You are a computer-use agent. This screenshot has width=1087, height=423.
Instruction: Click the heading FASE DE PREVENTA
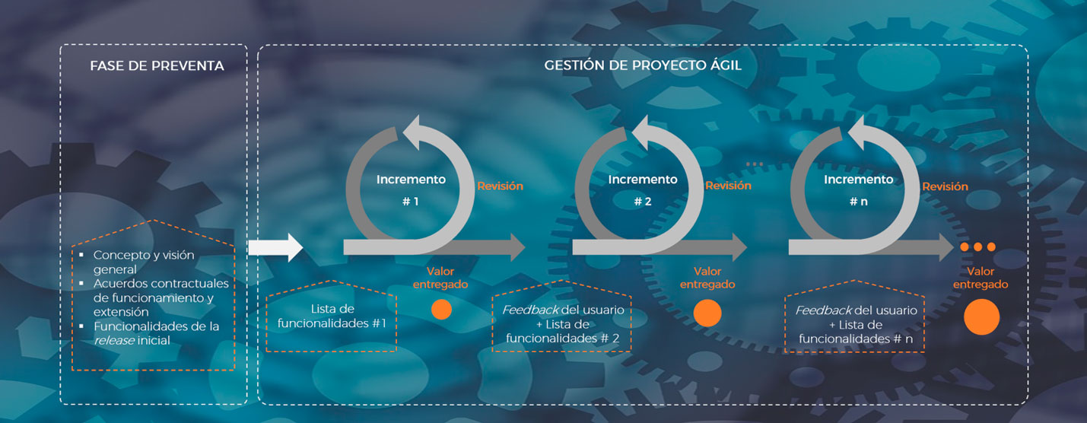pos(157,65)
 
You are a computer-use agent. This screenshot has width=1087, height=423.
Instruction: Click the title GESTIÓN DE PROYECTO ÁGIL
pos(643,65)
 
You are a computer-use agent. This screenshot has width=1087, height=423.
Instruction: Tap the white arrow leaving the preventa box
pos(275,247)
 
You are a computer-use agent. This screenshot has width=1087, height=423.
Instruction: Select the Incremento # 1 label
pos(411,190)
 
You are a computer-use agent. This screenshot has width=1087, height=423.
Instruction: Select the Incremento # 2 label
pos(643,190)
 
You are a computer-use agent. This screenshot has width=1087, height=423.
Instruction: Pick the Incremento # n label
pos(859,190)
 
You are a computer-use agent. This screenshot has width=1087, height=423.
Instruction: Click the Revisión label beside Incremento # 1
pos(501,186)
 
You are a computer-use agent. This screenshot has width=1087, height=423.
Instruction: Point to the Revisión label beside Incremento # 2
pos(729,186)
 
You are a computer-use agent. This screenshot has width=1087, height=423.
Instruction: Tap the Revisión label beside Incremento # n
pos(945,186)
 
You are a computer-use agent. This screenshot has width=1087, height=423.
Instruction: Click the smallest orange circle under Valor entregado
pos(442,310)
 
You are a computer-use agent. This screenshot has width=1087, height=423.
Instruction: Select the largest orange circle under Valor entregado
pos(982,316)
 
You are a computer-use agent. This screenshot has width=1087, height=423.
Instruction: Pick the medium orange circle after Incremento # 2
pos(707,313)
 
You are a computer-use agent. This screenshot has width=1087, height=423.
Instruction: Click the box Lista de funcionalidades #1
pos(332,316)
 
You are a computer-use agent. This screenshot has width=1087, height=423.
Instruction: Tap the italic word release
pos(115,341)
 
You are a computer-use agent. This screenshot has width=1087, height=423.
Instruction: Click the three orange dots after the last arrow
pos(977,247)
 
